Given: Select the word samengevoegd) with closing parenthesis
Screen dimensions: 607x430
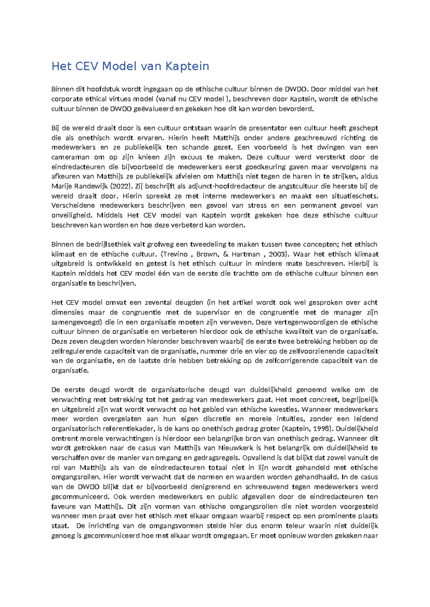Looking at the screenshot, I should coord(77,322).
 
